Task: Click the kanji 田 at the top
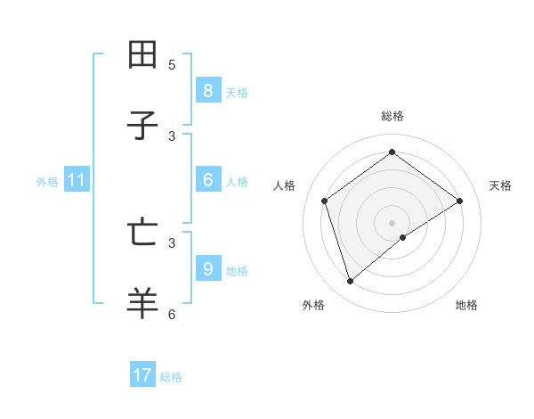coord(142,55)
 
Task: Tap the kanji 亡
coord(142,232)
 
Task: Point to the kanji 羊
coord(142,303)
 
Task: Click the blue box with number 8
coord(207,90)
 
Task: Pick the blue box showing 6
coord(207,180)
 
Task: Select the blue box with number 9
coord(207,268)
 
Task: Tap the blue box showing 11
coord(77,180)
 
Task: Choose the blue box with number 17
coord(142,375)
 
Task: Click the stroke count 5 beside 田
coord(172,65)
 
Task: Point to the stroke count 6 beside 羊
coord(172,314)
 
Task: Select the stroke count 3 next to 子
coord(172,136)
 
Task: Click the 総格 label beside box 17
coord(171,377)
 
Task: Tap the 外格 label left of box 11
coord(47,182)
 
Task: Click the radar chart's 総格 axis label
coord(392,116)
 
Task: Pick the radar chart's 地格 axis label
coord(466,305)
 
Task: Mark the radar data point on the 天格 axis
coord(460,201)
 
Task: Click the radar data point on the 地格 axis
coord(403,237)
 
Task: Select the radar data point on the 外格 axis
coord(350,282)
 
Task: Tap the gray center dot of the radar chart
coord(392,222)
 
